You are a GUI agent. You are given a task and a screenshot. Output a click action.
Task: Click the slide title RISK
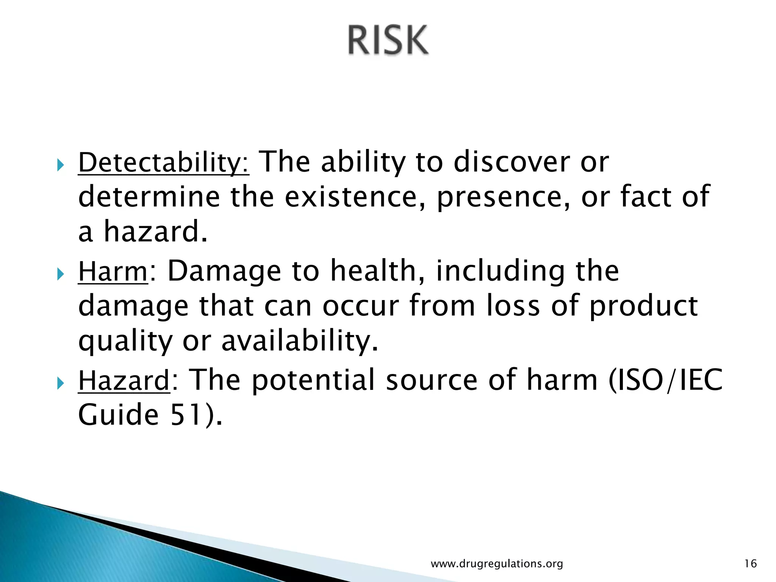click(x=388, y=40)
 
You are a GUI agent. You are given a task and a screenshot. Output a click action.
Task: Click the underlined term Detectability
click(x=163, y=162)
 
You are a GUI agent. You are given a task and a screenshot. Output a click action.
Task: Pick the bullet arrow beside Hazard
click(x=61, y=383)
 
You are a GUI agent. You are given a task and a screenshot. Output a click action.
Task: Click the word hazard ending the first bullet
click(x=155, y=232)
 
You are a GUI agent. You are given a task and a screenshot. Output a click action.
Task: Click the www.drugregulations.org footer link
click(x=497, y=564)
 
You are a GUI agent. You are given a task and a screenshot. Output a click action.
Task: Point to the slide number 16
click(x=750, y=564)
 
